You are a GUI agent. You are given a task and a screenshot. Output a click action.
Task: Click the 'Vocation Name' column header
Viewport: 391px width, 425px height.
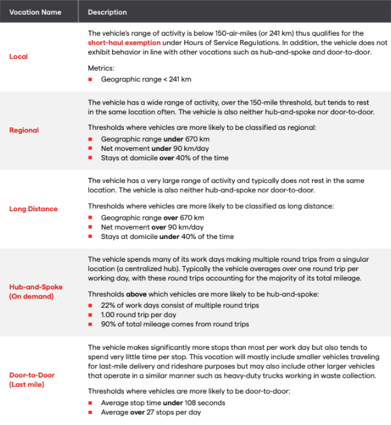(x=35, y=12)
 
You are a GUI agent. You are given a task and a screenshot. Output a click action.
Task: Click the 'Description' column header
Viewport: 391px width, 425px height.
(x=107, y=12)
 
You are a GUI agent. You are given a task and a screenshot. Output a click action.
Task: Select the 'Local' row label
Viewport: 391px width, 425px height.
(x=19, y=57)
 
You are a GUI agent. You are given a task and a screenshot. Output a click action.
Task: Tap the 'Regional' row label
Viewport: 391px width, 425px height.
(x=24, y=130)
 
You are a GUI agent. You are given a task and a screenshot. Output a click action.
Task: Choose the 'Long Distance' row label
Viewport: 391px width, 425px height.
(x=33, y=209)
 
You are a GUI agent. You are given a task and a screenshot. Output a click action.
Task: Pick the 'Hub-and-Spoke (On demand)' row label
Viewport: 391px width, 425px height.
(x=36, y=292)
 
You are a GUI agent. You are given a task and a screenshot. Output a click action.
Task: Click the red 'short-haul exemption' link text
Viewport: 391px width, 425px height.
(x=124, y=42)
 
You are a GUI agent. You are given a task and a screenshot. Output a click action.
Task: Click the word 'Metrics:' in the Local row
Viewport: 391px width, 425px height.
(x=102, y=69)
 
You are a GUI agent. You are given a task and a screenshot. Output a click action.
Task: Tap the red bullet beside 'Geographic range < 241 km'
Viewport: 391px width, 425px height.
(x=90, y=79)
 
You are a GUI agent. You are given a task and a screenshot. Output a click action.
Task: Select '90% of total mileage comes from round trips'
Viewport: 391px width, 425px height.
(x=175, y=325)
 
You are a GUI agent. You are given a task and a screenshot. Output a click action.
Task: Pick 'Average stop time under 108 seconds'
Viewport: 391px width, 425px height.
(x=163, y=403)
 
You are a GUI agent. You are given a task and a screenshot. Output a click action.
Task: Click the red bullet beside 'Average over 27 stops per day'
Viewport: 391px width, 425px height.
(x=90, y=412)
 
